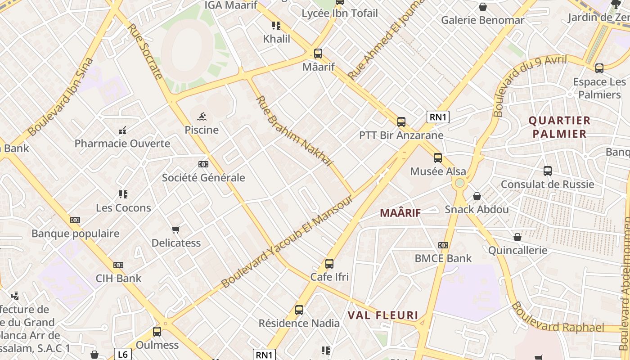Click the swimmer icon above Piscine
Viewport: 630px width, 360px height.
tap(202, 117)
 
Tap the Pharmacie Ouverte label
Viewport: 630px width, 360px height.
tap(122, 144)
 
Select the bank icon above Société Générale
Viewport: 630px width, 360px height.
tap(203, 164)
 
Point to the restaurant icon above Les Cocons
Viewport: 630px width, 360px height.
tap(123, 194)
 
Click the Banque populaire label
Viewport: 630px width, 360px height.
tap(75, 234)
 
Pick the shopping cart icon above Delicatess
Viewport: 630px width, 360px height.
tap(176, 230)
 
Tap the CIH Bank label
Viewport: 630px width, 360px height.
tap(118, 278)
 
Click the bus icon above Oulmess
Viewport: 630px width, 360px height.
tap(157, 332)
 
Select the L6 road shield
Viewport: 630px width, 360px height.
tap(122, 354)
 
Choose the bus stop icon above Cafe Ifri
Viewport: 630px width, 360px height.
tap(329, 264)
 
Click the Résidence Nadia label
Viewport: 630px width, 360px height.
tap(299, 323)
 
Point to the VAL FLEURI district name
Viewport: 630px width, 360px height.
tap(383, 315)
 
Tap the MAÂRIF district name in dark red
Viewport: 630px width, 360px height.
tap(400, 213)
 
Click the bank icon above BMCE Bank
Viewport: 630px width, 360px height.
tap(443, 245)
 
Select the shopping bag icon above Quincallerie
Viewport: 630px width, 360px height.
tap(517, 237)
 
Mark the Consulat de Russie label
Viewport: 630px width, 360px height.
tap(547, 184)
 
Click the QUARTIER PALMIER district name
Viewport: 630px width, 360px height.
tap(559, 127)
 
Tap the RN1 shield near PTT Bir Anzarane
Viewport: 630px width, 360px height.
tap(438, 117)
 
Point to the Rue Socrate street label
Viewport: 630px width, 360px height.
tap(145, 51)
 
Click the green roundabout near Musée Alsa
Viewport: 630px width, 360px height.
tap(459, 183)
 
